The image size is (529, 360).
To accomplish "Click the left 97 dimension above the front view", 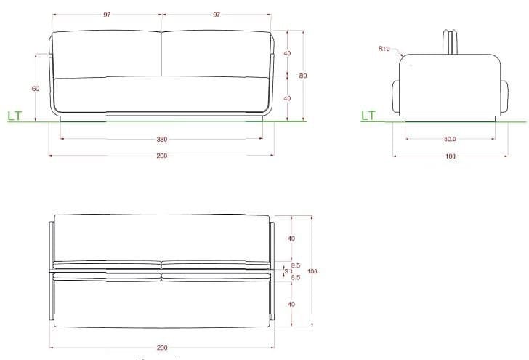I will pos(107,14).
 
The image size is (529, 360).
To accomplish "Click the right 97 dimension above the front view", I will pos(217,14).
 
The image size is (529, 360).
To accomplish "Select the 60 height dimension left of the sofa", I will pos(35,88).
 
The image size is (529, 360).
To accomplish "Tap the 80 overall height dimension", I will pos(303,76).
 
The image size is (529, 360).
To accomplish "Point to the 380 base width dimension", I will pos(161,139).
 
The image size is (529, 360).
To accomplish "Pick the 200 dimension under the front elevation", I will pos(161,156).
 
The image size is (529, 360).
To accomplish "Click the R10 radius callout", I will pos(384,49).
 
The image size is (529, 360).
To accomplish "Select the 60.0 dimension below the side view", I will pos(449,139).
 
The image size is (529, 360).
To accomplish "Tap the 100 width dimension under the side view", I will pos(450,156).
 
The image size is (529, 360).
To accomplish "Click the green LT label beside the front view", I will pos(15,116).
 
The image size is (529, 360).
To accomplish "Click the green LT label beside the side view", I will pos(368,116).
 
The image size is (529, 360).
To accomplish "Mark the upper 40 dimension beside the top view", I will pos(291,239).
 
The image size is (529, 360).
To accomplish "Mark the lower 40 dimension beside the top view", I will pos(291,304).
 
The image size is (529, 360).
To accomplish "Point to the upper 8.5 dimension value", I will pos(296,265).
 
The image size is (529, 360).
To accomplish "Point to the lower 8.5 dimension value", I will pos(296,277).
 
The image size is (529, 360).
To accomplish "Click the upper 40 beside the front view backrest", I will pos(287,54).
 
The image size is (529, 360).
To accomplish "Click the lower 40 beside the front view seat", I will pos(287,98).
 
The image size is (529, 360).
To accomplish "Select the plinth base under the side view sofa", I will pos(451,118).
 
